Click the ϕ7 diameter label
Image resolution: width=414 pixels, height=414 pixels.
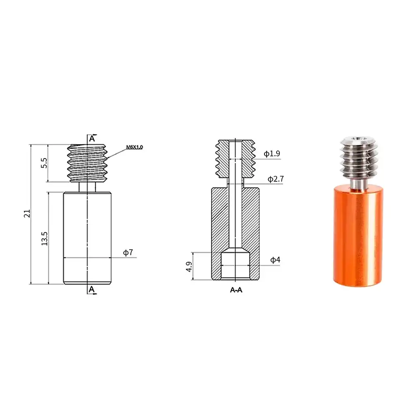tap(128, 252)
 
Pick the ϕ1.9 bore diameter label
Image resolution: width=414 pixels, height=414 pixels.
tap(272, 154)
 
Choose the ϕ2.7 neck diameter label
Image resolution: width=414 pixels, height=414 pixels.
tap(275, 179)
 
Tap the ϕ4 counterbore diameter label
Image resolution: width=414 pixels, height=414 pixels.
tap(275, 260)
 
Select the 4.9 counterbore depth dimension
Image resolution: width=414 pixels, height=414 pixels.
tap(189, 266)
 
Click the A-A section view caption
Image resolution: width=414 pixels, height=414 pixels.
tap(236, 290)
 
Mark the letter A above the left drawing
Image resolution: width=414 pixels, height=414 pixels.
tap(92, 139)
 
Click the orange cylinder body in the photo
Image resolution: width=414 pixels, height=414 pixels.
tap(356, 236)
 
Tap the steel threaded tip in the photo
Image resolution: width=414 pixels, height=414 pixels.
tap(356, 159)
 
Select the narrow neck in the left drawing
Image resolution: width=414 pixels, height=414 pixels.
tap(88, 187)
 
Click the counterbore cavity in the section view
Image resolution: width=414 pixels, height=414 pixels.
tap(235, 265)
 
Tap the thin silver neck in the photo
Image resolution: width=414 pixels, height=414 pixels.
tap(357, 182)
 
